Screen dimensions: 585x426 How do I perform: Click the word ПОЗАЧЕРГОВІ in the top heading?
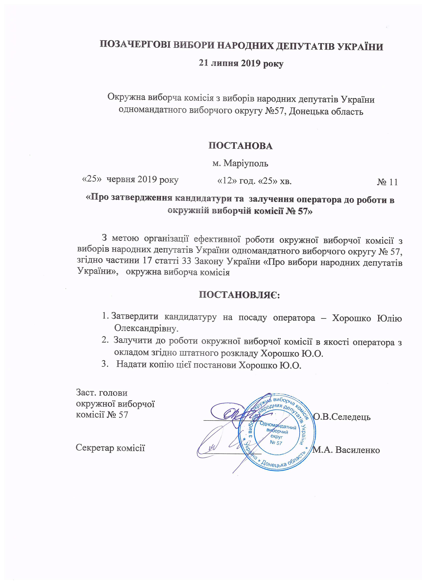pyautogui.click(x=134, y=47)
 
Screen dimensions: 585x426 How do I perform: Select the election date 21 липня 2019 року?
pyautogui.click(x=241, y=63)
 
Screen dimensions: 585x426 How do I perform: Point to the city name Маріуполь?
pyautogui.click(x=246, y=163)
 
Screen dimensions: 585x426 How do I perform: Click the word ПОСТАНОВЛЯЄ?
pyautogui.click(x=240, y=295)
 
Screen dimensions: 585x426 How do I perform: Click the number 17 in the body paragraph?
pyautogui.click(x=147, y=261)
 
